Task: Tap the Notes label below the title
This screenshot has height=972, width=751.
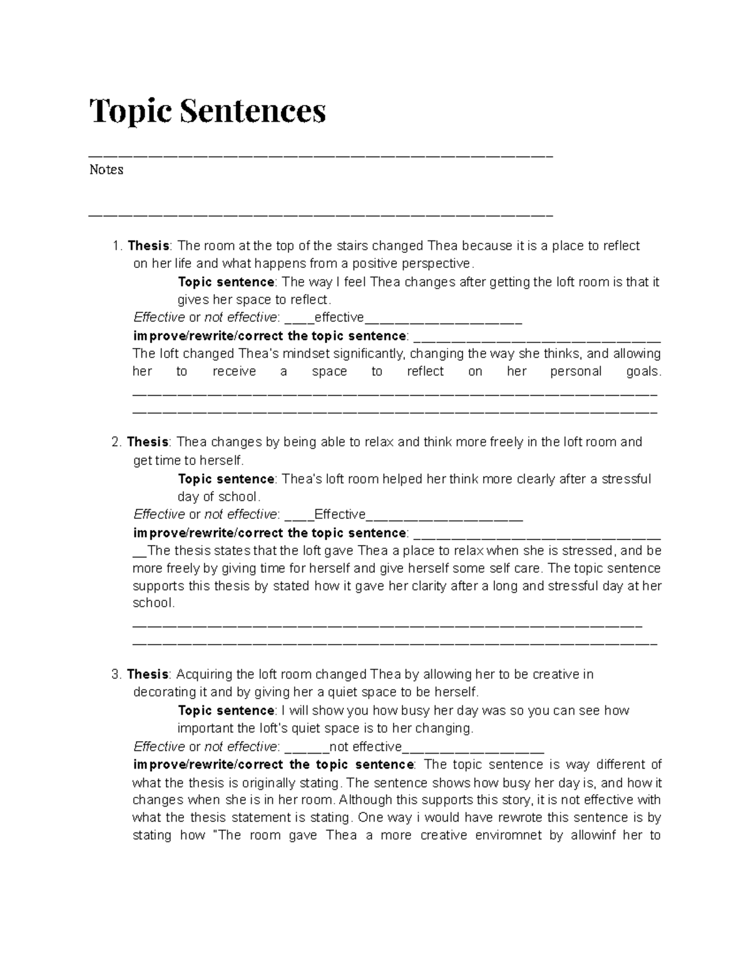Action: pyautogui.click(x=106, y=170)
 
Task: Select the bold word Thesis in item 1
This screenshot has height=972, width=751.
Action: pyautogui.click(x=148, y=245)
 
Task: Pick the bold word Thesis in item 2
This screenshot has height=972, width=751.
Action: pyautogui.click(x=148, y=442)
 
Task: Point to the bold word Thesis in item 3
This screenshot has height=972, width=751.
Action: pyautogui.click(x=148, y=674)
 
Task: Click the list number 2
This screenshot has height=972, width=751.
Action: pyautogui.click(x=115, y=442)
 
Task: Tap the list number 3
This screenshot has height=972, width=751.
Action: pyautogui.click(x=115, y=674)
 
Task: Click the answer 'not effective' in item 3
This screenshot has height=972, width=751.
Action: pyautogui.click(x=365, y=746)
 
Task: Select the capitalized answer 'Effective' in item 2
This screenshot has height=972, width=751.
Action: pyautogui.click(x=340, y=514)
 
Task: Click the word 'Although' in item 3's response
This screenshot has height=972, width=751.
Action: pyautogui.click(x=362, y=799)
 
